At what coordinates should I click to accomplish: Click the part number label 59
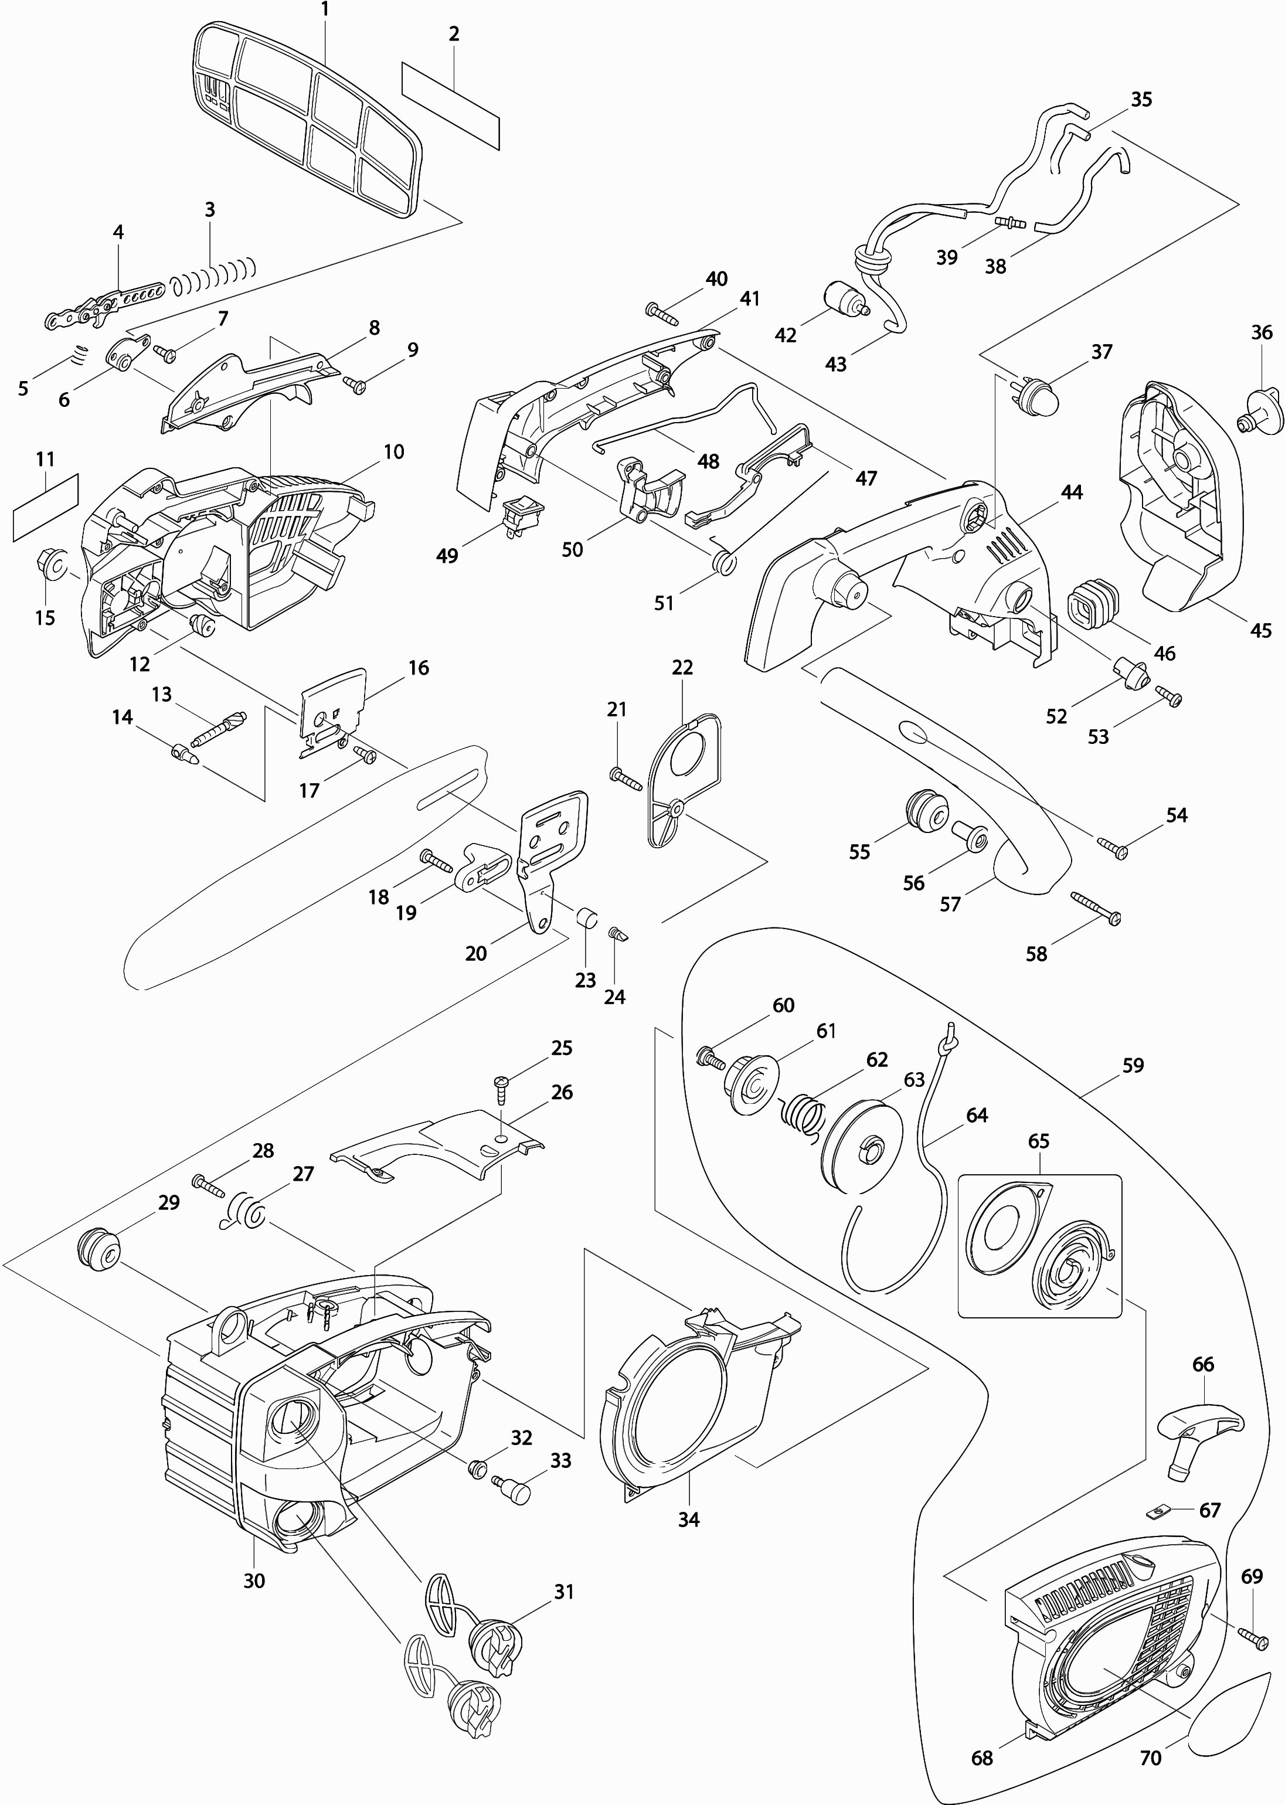1133,1066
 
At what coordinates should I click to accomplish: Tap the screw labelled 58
1095,907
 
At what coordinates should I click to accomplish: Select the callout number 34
688,1520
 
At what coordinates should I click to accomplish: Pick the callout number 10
393,452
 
